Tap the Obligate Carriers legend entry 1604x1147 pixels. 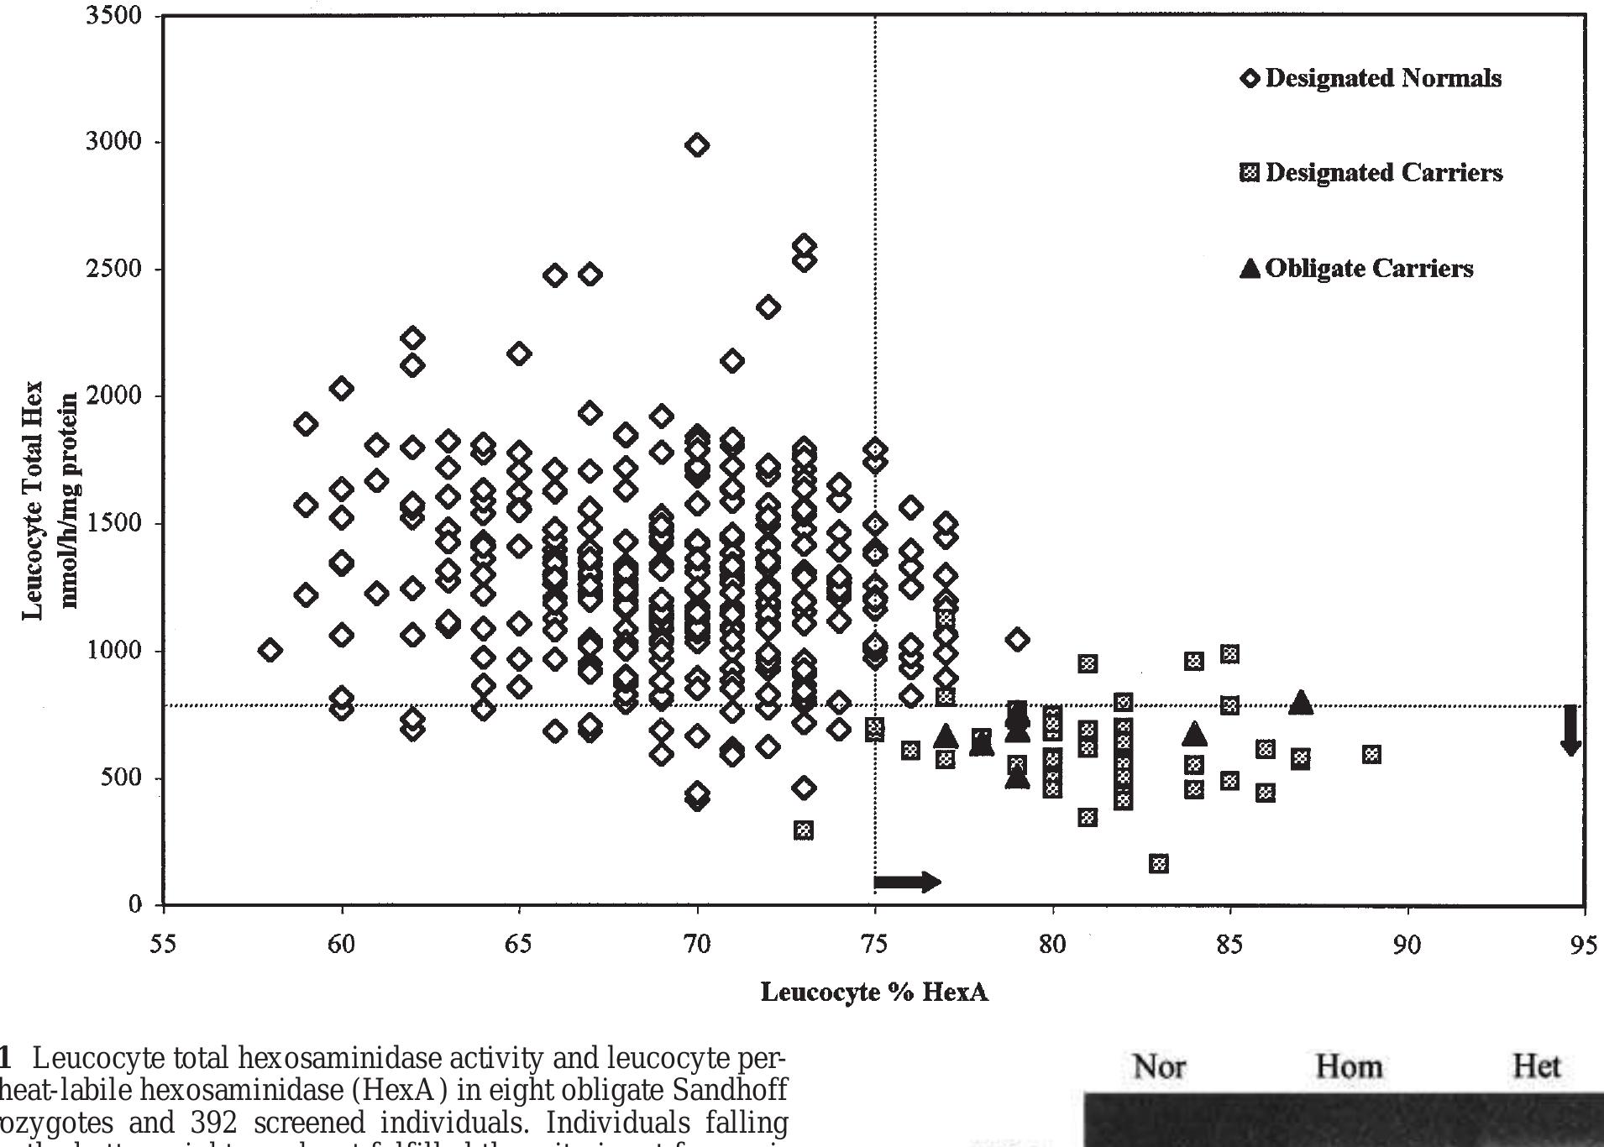tap(1356, 269)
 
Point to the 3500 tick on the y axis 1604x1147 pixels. tap(113, 16)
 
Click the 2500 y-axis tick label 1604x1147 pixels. tap(113, 270)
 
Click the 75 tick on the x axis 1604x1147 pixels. tap(875, 945)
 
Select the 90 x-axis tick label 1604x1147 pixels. tap(1407, 945)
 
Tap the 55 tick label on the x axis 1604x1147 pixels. tap(164, 945)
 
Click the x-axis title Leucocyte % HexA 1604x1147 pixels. tap(874, 992)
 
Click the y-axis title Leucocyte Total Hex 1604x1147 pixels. tap(32, 500)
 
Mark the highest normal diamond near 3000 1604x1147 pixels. tap(696, 145)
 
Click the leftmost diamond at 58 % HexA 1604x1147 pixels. tap(270, 650)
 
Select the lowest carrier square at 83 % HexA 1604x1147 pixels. tap(1159, 863)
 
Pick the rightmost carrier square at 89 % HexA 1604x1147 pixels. tap(1371, 754)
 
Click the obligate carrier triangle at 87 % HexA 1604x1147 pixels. tap(1301, 702)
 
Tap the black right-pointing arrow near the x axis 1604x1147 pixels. tap(907, 882)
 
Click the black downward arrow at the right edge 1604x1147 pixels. tap(1570, 730)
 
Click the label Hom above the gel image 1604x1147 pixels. tap(1348, 1067)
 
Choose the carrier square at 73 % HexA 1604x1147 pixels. tap(804, 830)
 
